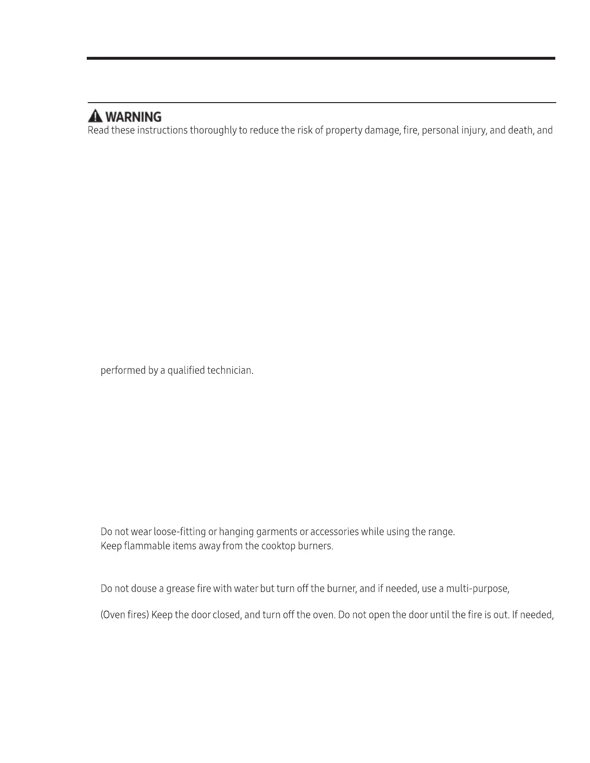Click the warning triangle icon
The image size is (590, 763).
pos(95,116)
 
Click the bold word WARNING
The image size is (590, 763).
pos(133,117)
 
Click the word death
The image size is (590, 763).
pos(520,131)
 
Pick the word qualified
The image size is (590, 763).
pos(186,370)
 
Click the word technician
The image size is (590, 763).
pos(230,370)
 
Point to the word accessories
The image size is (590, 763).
pos(335,532)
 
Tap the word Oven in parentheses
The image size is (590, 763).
pos(114,615)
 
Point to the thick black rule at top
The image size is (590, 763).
pos(321,58)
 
